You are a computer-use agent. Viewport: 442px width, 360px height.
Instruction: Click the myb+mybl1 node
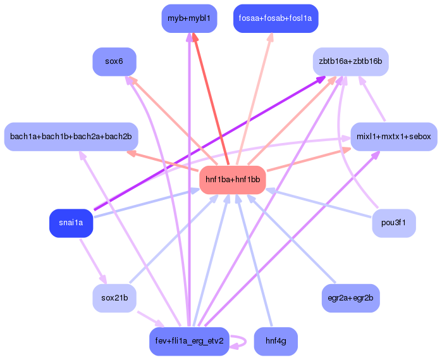(x=189, y=18)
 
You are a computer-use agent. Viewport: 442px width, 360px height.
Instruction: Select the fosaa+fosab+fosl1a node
(x=275, y=18)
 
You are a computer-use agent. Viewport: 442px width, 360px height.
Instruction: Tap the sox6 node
(x=114, y=62)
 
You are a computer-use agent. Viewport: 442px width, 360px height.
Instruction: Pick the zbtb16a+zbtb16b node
(x=350, y=62)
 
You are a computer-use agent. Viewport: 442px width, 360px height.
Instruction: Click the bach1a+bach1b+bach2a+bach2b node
(x=71, y=137)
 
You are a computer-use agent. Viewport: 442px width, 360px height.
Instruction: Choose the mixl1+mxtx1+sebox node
(x=393, y=137)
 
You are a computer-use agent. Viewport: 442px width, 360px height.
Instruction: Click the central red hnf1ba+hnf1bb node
(x=233, y=180)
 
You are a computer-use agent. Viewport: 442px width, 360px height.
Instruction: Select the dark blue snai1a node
(x=71, y=223)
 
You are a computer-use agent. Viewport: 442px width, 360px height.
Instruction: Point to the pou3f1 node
(x=393, y=223)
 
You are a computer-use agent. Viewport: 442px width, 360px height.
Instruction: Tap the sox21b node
(x=114, y=298)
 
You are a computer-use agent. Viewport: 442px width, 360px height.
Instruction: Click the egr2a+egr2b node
(x=350, y=298)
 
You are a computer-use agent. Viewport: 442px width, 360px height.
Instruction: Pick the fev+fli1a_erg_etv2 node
(x=189, y=342)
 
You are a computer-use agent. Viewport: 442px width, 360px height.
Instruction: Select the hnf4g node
(x=275, y=342)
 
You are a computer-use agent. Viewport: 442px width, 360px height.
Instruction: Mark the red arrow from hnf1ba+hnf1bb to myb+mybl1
(x=208, y=101)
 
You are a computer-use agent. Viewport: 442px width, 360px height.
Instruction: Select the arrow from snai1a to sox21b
(x=91, y=259)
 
